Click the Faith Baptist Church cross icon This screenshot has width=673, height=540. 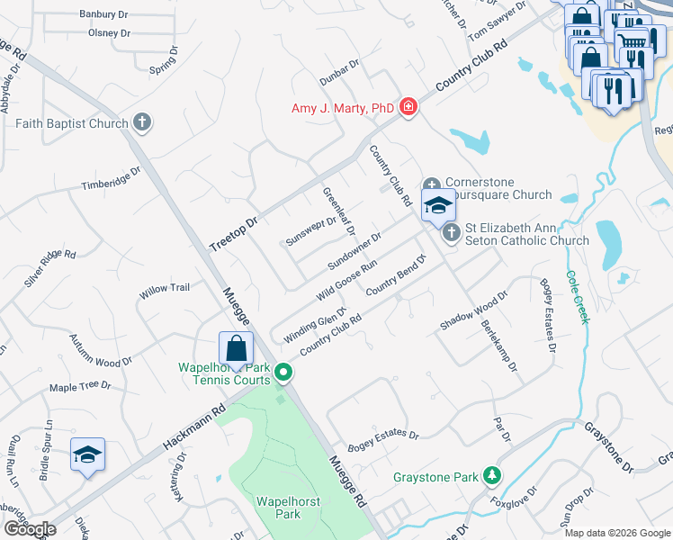coord(141,121)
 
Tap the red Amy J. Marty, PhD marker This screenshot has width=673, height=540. coord(408,108)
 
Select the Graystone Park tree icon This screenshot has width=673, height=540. coord(491,474)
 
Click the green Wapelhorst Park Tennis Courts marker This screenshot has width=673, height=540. coord(283,371)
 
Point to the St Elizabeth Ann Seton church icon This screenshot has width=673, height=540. coord(450,233)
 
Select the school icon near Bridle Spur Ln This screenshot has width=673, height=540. coord(87,454)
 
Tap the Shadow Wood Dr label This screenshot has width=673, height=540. coord(475,310)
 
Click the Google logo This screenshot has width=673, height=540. coord(30,529)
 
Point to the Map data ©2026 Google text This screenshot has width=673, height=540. coord(618,533)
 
